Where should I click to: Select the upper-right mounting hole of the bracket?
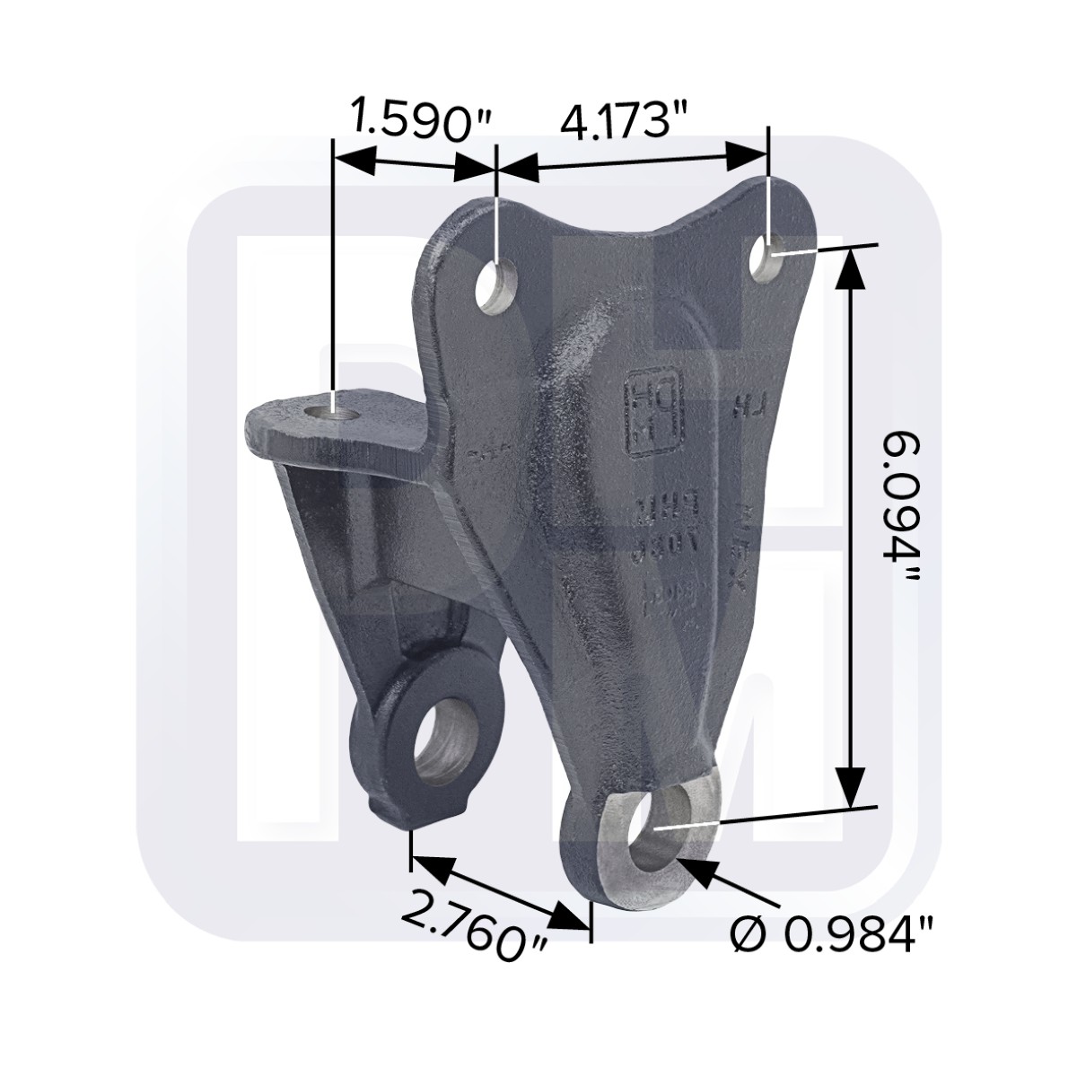[768, 256]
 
